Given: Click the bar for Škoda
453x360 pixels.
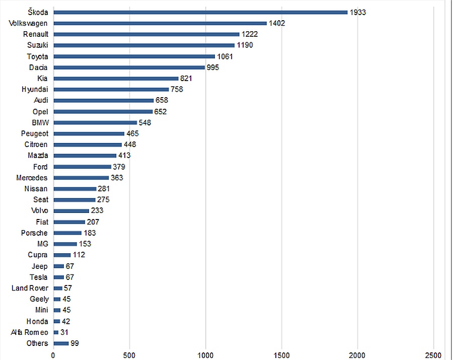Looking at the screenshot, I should tap(200, 12).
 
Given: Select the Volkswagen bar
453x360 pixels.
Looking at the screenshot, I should tap(160, 23).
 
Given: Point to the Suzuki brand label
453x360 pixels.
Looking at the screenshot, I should tap(37, 45).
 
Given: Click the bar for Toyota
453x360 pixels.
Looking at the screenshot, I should tap(134, 56).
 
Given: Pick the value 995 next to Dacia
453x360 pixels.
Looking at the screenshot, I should tap(213, 67).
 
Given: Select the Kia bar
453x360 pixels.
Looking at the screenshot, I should tap(116, 79).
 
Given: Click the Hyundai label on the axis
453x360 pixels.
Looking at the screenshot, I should tap(34, 90).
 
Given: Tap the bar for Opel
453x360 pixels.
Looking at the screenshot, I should tap(103, 112).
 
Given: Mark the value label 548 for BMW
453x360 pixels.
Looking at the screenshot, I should tap(145, 123).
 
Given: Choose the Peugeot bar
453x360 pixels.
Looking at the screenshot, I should tap(89, 134).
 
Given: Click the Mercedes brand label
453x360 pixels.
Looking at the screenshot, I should tap(32, 178).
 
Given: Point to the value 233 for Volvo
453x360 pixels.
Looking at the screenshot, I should tap(97, 211).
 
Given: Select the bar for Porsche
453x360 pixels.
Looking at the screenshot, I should tap(67, 233).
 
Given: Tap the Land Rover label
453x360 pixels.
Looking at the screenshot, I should tap(30, 288).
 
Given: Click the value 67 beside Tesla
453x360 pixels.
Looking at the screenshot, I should tap(70, 277).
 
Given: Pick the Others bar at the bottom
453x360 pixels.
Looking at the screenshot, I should tap(60, 343).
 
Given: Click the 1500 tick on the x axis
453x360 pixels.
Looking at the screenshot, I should tap(282, 354).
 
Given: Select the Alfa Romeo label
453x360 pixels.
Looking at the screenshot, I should tap(30, 332).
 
